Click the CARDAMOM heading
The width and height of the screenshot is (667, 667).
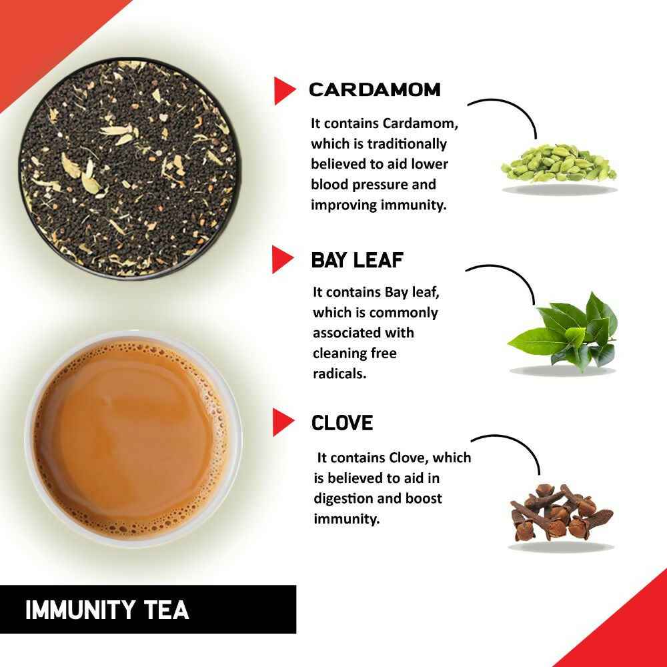tap(374, 90)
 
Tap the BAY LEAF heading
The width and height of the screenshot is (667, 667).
tap(358, 260)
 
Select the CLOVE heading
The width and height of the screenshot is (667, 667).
tap(342, 423)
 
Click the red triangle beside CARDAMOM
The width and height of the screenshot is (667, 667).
tap(283, 91)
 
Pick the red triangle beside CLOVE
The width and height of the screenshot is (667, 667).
tap(283, 423)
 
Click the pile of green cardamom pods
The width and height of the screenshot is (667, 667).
tap(559, 163)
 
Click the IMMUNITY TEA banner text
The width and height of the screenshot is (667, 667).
tap(107, 610)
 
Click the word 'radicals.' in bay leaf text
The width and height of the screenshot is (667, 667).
tap(340, 374)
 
